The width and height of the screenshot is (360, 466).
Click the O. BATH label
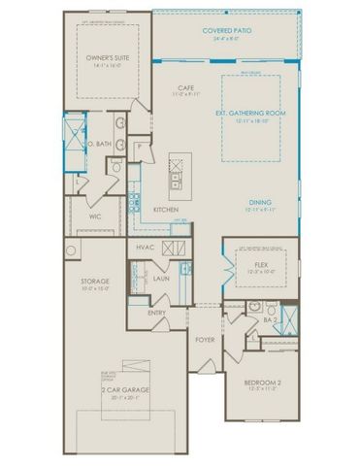pyautogui.click(x=99, y=144)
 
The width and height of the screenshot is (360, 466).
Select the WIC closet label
pyautogui.click(x=96, y=216)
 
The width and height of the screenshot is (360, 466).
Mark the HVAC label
pyautogui.click(x=147, y=248)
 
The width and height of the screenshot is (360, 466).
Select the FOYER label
pyautogui.click(x=206, y=340)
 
